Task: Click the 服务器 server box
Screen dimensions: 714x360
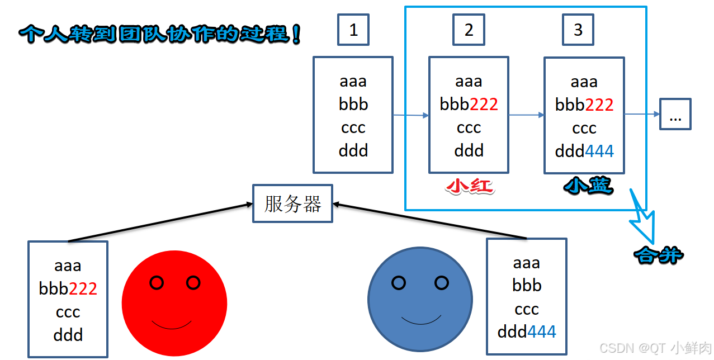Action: (292, 204)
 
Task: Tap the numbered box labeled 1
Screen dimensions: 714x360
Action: (353, 30)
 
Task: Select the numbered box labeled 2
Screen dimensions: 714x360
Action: (469, 30)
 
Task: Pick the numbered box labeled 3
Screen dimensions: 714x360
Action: (578, 30)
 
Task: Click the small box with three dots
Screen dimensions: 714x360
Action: (675, 115)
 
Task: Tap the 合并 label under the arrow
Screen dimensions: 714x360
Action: (658, 255)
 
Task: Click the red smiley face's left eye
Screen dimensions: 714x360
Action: (157, 283)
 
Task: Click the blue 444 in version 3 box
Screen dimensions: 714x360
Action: (599, 151)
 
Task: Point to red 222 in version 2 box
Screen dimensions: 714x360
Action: (484, 105)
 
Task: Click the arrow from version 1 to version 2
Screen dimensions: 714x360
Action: (410, 116)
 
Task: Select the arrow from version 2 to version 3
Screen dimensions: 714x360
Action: (526, 115)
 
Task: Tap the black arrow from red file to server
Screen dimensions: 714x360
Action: (159, 223)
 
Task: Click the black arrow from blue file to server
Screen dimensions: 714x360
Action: (431, 221)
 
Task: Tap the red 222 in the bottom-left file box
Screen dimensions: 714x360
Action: (83, 288)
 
